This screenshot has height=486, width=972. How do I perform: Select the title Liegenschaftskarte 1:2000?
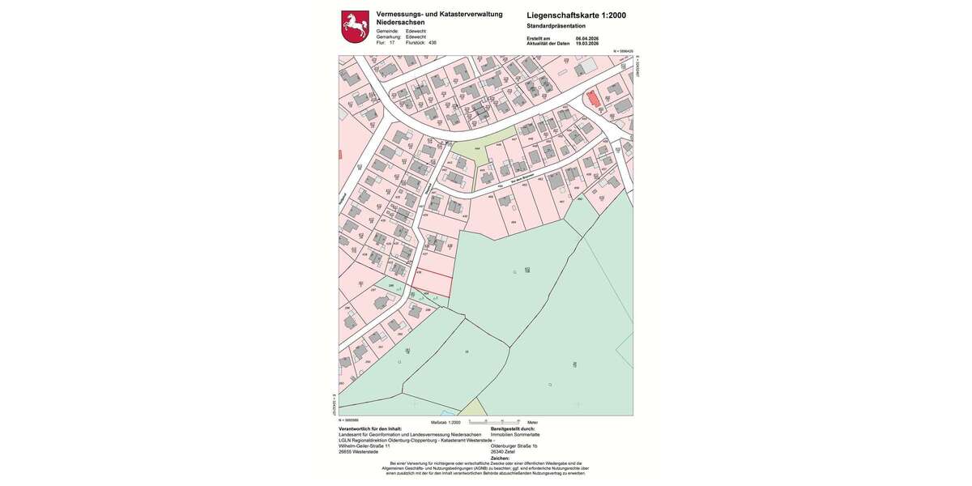pyautogui.click(x=576, y=15)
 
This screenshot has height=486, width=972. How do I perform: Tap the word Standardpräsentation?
pyautogui.click(x=556, y=26)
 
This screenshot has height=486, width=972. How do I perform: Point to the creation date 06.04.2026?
pyautogui.click(x=586, y=38)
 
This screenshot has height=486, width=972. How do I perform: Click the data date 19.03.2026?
pyautogui.click(x=586, y=43)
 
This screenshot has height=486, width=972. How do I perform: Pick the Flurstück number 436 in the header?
pyautogui.click(x=433, y=43)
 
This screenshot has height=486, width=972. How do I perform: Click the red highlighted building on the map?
pyautogui.click(x=594, y=100)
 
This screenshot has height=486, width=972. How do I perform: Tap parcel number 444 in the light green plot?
pyautogui.click(x=477, y=148)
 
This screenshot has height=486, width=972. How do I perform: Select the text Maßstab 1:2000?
pyautogui.click(x=446, y=423)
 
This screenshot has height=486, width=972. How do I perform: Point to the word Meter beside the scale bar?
pyautogui.click(x=532, y=423)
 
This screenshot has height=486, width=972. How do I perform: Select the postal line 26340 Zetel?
pyautogui.click(x=504, y=451)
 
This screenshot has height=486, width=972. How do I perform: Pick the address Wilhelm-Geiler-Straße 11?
pyautogui.click(x=364, y=446)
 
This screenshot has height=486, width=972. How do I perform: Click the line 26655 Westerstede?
pyautogui.click(x=358, y=451)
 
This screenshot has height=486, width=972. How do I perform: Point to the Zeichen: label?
pyautogui.click(x=501, y=458)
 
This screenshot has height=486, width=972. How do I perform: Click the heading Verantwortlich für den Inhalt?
pyautogui.click(x=370, y=428)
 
